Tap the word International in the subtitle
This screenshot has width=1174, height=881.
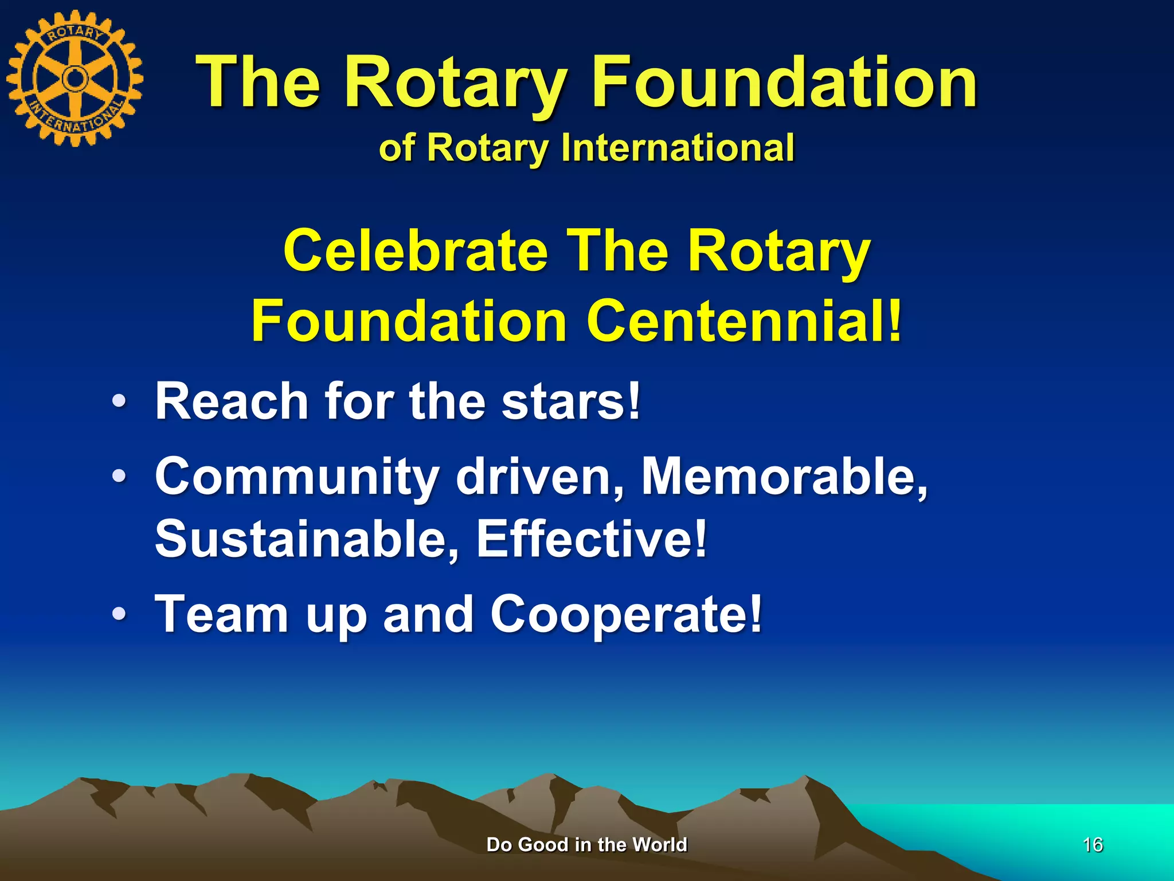point(678,147)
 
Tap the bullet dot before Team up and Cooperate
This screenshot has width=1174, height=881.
point(119,614)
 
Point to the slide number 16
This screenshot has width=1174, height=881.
point(1093,844)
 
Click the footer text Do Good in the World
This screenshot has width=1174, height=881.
point(586,844)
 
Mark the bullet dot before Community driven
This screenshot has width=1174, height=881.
point(119,475)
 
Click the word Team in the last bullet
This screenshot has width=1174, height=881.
point(221,614)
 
